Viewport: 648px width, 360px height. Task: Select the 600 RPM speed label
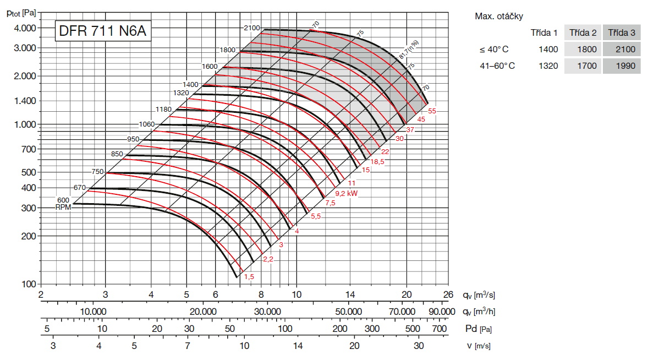[63, 200]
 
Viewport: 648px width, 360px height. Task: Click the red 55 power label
[432, 111]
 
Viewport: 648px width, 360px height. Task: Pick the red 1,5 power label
[249, 276]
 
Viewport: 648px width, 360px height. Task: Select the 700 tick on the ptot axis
[29, 149]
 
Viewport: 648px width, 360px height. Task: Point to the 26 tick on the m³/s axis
[448, 294]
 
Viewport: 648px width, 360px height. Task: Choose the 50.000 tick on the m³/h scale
[349, 312]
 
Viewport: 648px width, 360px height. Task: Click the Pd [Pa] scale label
[478, 329]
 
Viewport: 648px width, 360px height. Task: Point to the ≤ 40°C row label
[493, 50]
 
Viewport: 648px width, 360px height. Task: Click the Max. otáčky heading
[499, 16]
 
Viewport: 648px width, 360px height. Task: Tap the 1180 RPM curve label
[163, 110]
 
